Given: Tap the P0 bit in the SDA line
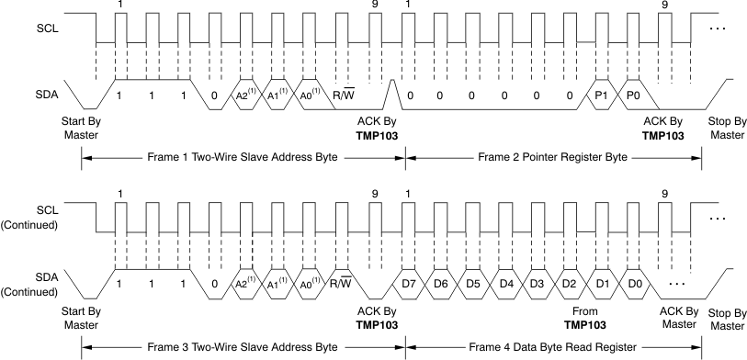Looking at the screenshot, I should (x=633, y=96).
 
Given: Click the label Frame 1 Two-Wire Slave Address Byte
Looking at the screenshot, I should (x=243, y=158).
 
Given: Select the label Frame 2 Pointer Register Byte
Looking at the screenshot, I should (x=553, y=158).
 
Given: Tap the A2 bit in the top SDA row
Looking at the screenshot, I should (x=245, y=96).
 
